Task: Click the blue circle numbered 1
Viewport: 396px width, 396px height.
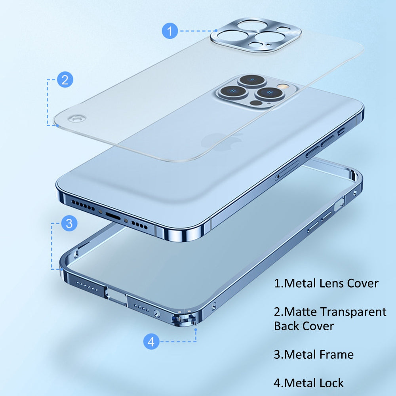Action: click(x=170, y=31)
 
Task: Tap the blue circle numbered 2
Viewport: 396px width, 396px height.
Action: click(x=65, y=80)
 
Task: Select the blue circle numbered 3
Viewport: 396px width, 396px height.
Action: click(x=69, y=223)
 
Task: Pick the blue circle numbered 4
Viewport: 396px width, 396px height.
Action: click(x=151, y=341)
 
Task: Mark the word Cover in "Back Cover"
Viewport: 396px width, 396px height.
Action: click(x=318, y=326)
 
